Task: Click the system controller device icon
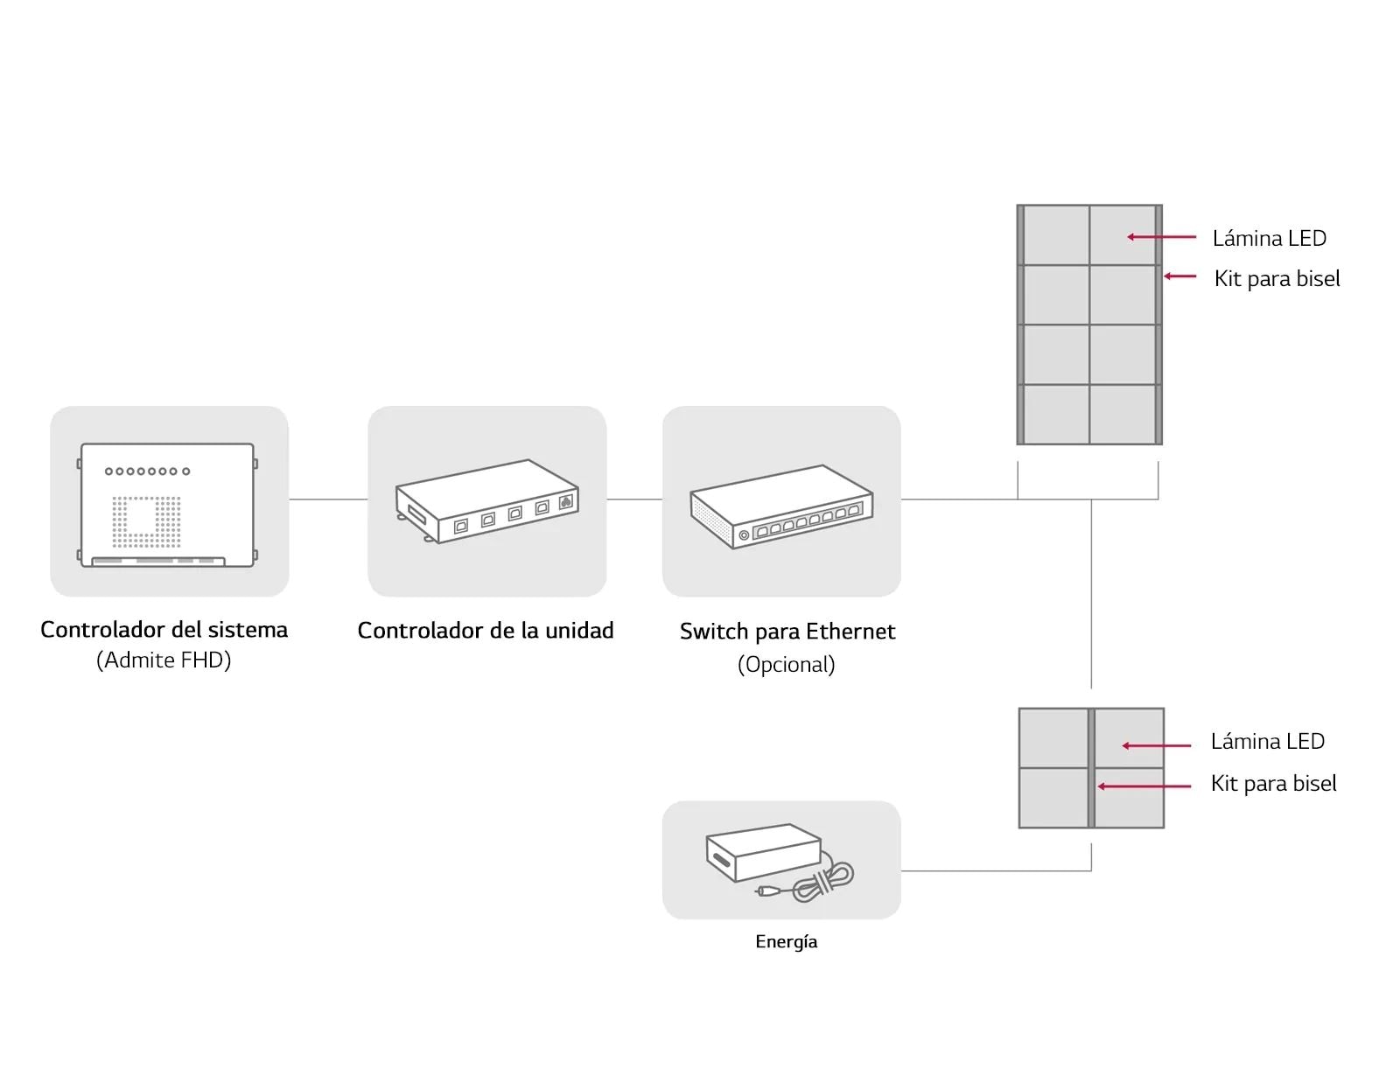click(168, 505)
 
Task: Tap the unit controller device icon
click(486, 501)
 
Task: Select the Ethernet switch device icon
click(781, 507)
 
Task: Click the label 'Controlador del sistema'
click(164, 630)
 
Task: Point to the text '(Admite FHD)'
click(164, 660)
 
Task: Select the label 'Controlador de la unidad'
click(486, 631)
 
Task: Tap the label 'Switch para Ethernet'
click(787, 632)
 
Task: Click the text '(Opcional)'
click(786, 665)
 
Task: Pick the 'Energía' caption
click(786, 942)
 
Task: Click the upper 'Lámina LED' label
click(1269, 238)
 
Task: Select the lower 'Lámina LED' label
click(1267, 742)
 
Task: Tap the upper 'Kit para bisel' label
click(1277, 279)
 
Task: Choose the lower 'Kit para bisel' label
click(1273, 784)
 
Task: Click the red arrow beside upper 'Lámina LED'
click(1161, 237)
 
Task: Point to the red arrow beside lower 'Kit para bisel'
click(1144, 786)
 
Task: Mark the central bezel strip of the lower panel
click(1091, 768)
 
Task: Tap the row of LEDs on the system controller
click(147, 472)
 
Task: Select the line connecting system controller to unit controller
click(328, 500)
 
